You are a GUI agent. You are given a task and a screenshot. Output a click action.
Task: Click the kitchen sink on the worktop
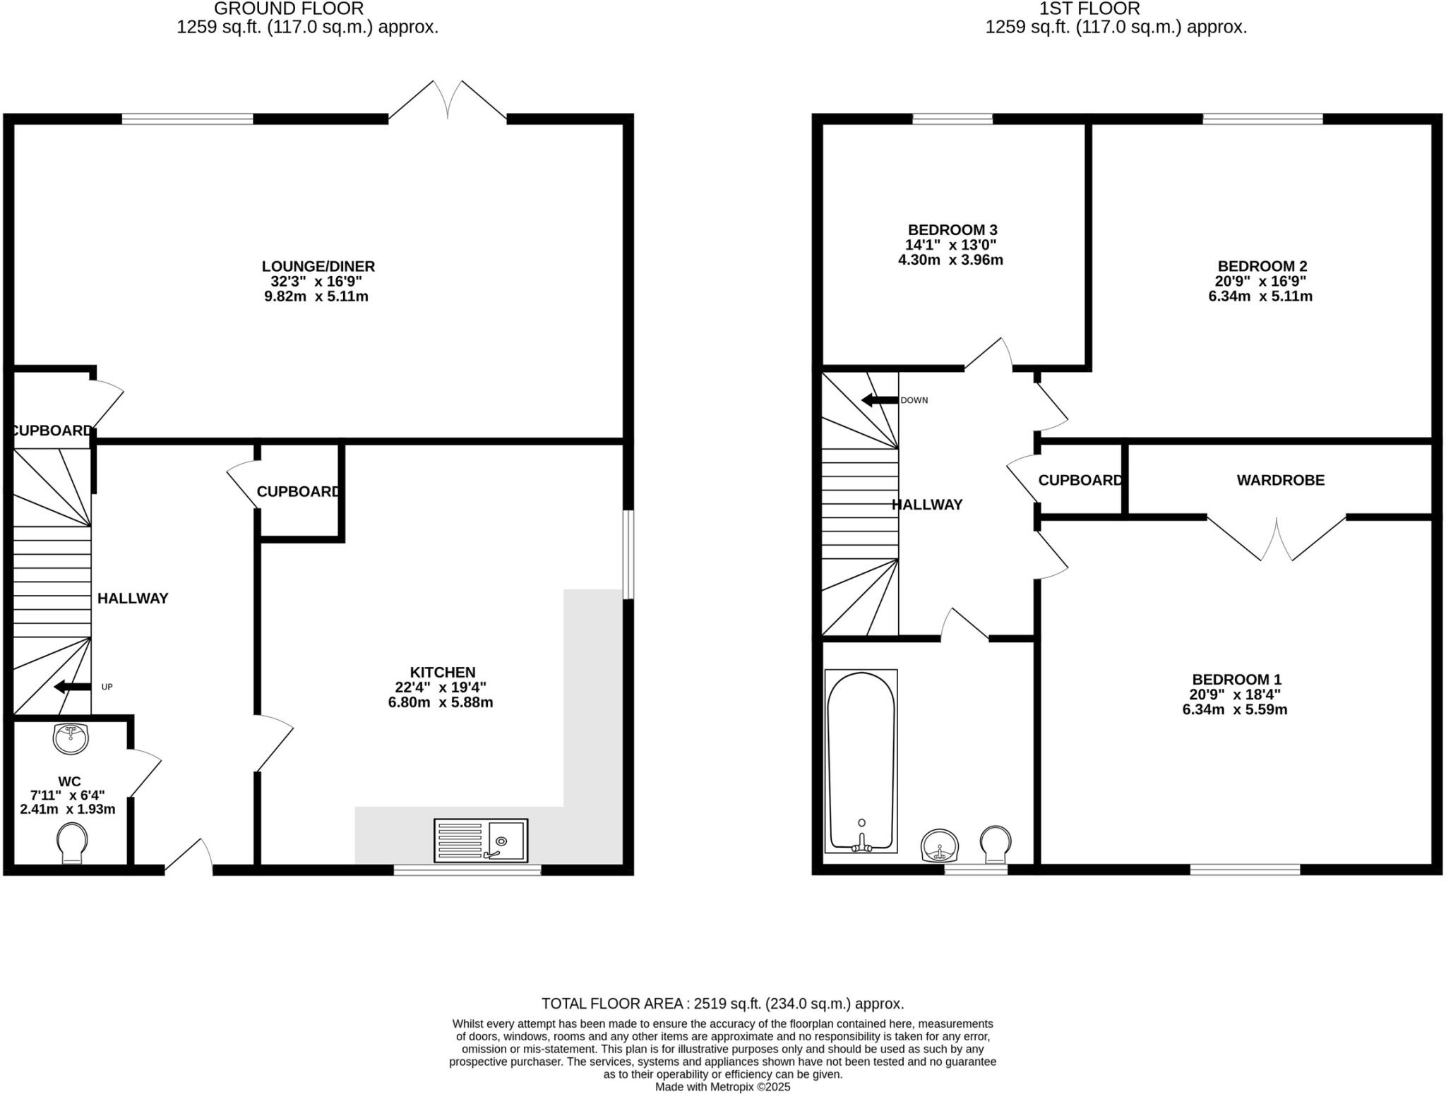pos(481,840)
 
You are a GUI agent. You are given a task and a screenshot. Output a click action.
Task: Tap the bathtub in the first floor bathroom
pos(861,761)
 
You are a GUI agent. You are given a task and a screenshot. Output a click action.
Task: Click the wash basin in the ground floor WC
pos(71,738)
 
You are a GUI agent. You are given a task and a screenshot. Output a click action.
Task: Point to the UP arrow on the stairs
pos(73,687)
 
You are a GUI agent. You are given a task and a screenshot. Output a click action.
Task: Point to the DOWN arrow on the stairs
pos(880,400)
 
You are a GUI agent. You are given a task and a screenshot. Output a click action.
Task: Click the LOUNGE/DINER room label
pos(318,266)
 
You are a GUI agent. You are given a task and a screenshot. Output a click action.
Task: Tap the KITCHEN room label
pos(443,672)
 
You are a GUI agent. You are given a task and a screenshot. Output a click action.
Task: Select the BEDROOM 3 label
pos(952,229)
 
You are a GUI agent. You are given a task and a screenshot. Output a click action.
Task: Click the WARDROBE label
pos(1280,480)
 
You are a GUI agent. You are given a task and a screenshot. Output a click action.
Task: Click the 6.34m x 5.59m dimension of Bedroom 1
pos(1235,709)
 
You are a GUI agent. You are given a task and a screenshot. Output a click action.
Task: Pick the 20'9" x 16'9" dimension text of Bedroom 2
pos(1262,281)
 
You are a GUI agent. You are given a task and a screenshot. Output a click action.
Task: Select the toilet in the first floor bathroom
pos(996,844)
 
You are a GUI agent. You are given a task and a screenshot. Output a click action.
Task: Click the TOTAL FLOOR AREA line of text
pos(722,1003)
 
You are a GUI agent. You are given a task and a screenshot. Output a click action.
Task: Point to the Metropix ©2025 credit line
pos(722,1087)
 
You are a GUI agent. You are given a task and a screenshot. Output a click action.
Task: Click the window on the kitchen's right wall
pos(628,555)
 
